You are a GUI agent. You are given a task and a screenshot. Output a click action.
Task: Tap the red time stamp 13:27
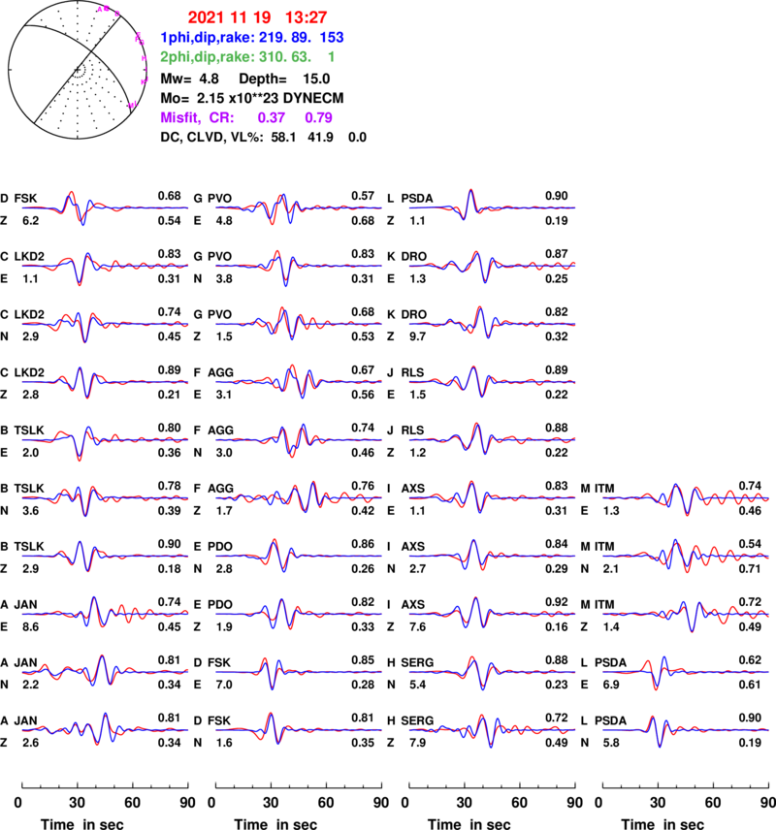306,17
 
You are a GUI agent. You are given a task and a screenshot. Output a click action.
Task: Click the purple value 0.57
272,117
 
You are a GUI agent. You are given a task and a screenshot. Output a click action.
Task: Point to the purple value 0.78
318,117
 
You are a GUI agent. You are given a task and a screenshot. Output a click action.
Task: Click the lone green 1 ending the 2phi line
331,57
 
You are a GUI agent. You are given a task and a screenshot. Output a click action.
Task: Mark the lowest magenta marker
133,104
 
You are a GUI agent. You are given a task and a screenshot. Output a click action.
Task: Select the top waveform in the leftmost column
105,207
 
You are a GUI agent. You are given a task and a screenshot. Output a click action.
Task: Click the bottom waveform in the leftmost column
105,729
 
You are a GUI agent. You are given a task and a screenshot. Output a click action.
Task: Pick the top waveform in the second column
299,207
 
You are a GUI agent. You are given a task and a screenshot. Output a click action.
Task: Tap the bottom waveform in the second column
299,729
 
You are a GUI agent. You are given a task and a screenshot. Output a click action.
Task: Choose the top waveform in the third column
492,207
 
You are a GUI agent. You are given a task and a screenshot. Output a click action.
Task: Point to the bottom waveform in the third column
492,729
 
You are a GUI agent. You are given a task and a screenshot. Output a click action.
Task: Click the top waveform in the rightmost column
686,497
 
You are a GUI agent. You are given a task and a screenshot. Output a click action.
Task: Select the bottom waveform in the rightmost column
686,729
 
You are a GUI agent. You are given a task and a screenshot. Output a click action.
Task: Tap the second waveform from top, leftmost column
105,265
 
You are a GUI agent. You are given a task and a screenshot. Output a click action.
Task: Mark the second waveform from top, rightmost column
686,556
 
